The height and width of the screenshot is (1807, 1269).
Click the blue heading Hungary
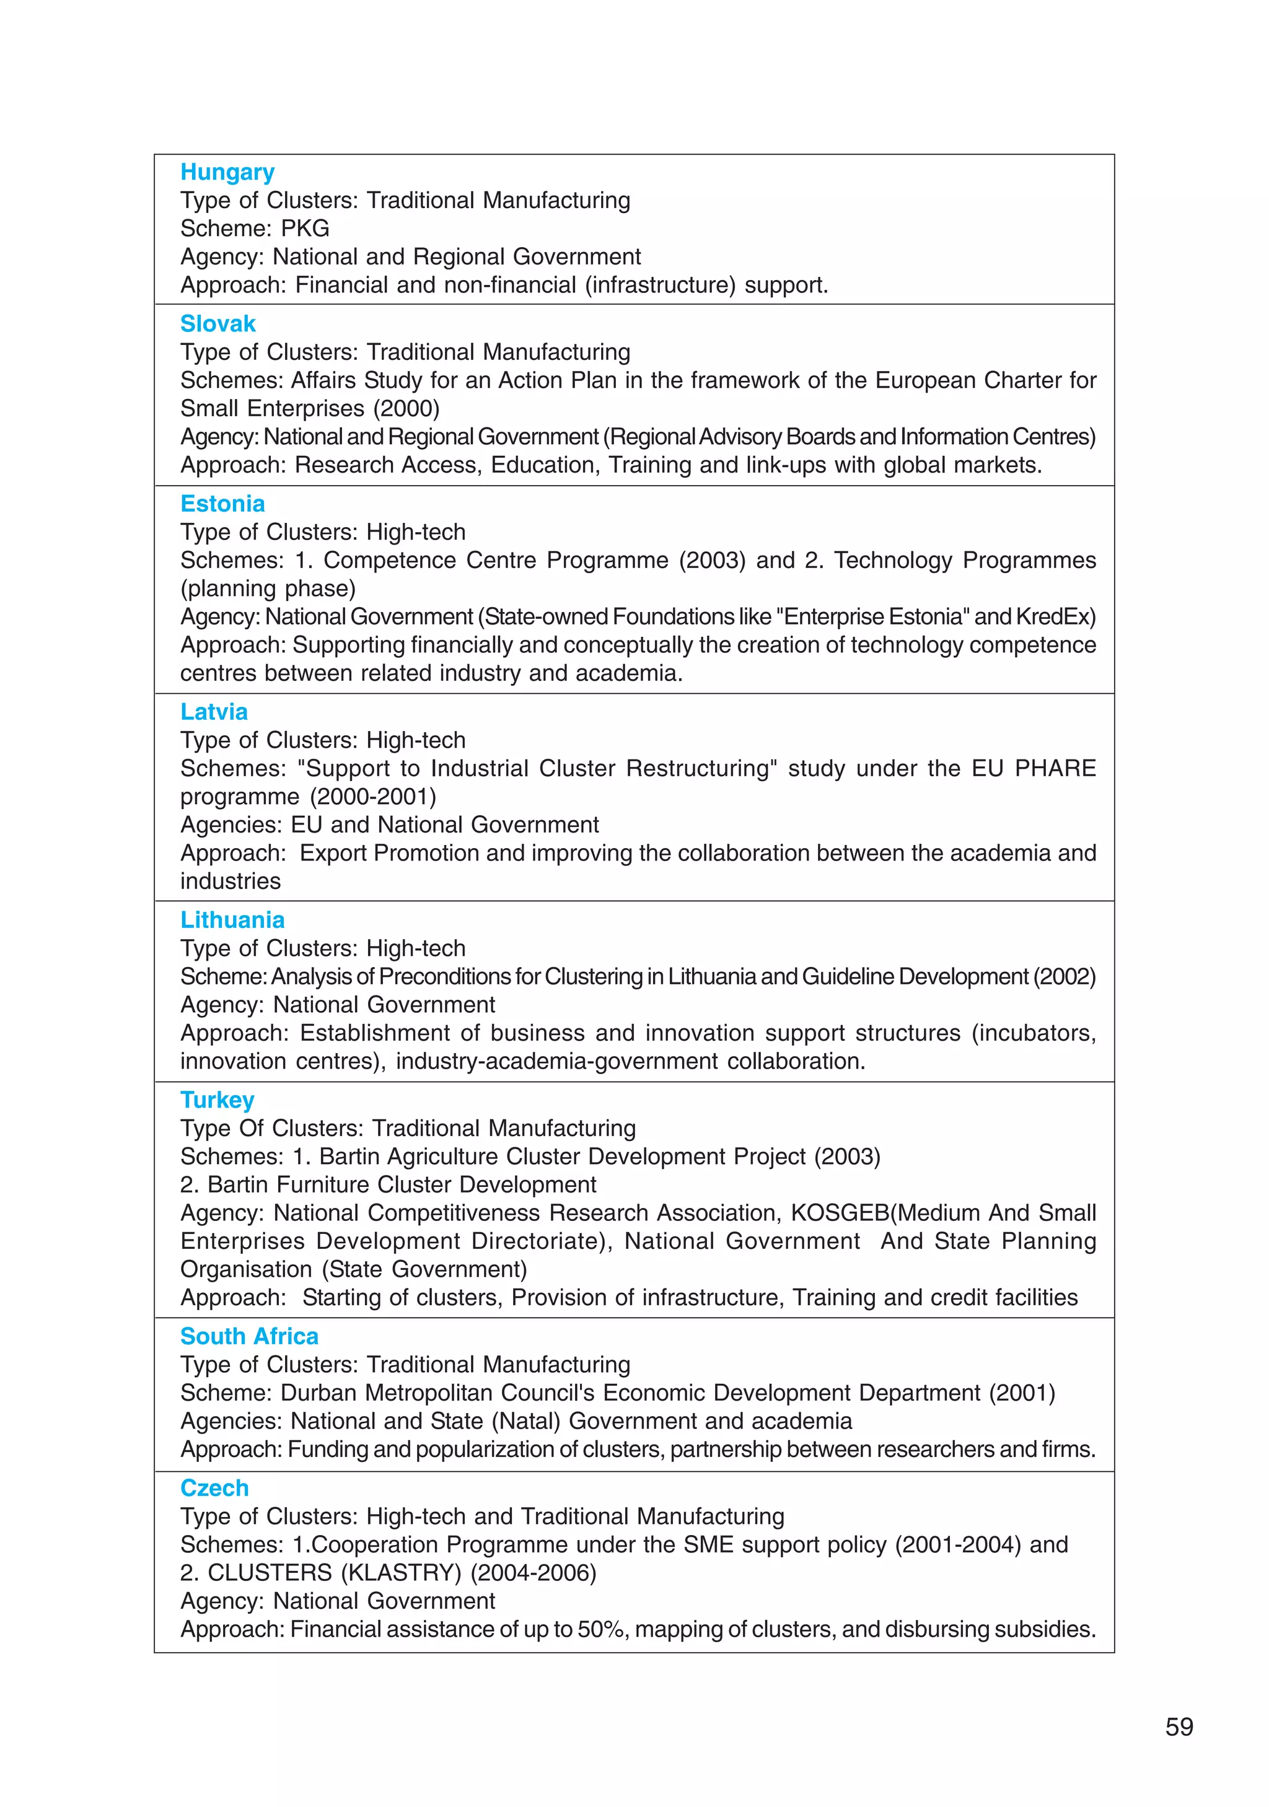pos(227,172)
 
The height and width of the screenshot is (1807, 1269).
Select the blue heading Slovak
pos(218,323)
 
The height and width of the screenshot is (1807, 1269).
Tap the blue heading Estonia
pos(223,504)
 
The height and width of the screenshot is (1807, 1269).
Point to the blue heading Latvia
pos(214,712)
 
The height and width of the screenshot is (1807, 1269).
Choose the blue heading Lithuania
pos(232,919)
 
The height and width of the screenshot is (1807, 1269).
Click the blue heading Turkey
pos(217,1100)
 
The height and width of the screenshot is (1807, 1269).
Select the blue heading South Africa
pos(250,1336)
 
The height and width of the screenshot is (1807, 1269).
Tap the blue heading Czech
pos(215,1487)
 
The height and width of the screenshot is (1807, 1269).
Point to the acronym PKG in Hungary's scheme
pos(305,228)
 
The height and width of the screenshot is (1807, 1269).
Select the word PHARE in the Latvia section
pos(1055,768)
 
